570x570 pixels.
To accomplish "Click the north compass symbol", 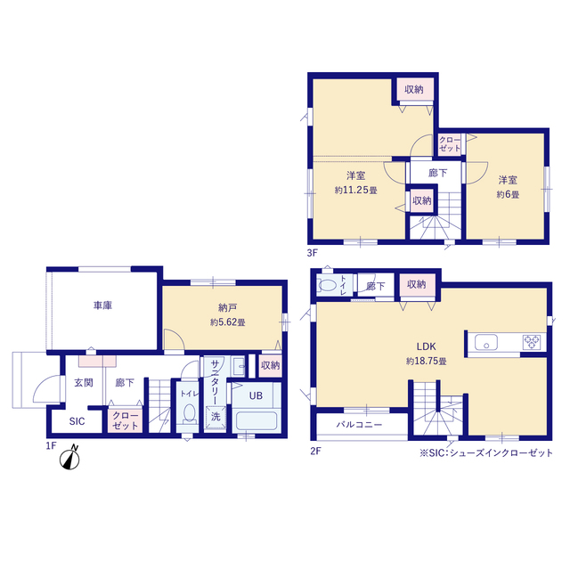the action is pos(69,458).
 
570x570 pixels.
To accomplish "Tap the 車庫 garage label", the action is pos(103,305).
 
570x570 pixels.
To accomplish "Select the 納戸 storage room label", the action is pos(228,308).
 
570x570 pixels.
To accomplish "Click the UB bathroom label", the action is pos(256,395).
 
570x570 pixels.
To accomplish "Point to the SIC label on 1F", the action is pos(77,421).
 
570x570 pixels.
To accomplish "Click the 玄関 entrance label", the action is pos(84,382).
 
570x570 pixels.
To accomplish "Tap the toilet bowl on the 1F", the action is pos(189,414).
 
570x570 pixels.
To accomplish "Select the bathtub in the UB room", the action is pos(256,420).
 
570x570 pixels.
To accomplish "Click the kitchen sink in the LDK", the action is pos(486,342).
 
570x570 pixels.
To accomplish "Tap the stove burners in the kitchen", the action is pos(532,342).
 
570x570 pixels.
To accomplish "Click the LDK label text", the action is pos(426,346).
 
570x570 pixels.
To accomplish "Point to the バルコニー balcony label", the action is pos(359,424).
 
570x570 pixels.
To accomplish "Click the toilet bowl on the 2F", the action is pos(327,285).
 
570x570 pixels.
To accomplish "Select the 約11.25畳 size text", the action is pos(356,190).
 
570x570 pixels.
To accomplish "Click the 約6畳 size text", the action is pos(508,194).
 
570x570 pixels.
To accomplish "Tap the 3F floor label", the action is pos(312,253).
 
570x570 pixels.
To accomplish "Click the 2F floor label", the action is pos(315,452).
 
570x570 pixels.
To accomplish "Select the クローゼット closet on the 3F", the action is pos(450,144).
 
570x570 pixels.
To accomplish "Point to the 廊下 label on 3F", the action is pos(437,173).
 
